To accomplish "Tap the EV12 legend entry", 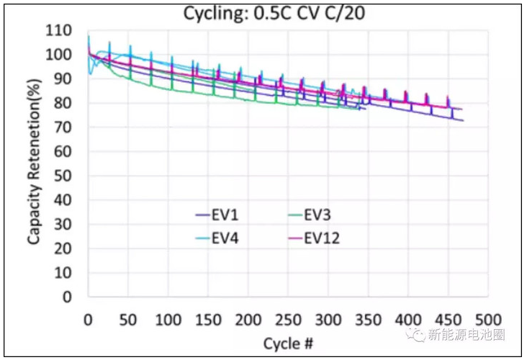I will pyautogui.click(x=320, y=238).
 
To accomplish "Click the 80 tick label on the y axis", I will pyautogui.click(x=65, y=103).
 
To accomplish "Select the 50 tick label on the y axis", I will pyautogui.click(x=65, y=176).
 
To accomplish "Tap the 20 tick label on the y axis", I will pyautogui.click(x=65, y=248).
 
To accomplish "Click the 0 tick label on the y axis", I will pyautogui.click(x=68, y=297).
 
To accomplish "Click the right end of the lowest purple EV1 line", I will pyautogui.click(x=462, y=120).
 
